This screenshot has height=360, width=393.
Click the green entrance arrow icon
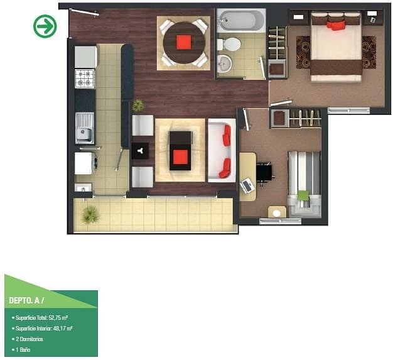(x=45, y=26)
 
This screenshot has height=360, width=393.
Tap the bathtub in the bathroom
(x=241, y=21)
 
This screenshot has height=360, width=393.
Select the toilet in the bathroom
(x=229, y=45)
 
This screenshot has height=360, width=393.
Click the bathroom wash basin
(x=224, y=63)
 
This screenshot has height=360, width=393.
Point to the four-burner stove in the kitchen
(x=85, y=79)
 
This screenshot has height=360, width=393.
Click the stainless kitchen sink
(x=85, y=128)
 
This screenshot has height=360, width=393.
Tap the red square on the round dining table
(x=184, y=42)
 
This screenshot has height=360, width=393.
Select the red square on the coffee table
(x=180, y=157)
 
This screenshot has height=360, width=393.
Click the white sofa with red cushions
(x=222, y=150)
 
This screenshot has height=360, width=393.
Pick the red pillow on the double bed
(x=336, y=26)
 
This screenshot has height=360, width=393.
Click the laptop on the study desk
(x=247, y=185)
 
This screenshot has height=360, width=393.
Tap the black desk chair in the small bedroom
(x=265, y=173)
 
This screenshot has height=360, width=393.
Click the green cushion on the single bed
(x=303, y=195)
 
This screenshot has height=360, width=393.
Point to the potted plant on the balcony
(x=90, y=214)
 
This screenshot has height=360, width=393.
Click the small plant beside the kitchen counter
(x=138, y=105)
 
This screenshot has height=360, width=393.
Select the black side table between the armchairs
(x=140, y=151)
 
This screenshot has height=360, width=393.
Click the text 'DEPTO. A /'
(x=26, y=300)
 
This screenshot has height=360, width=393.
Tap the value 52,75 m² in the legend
(x=58, y=318)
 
